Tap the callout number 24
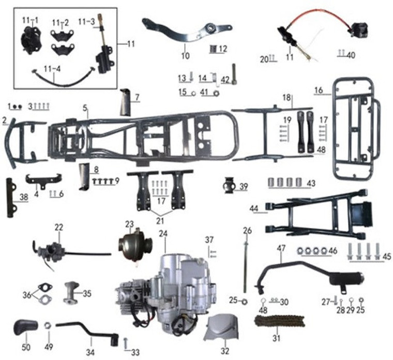click(x=163, y=234)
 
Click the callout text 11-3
click(x=86, y=22)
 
